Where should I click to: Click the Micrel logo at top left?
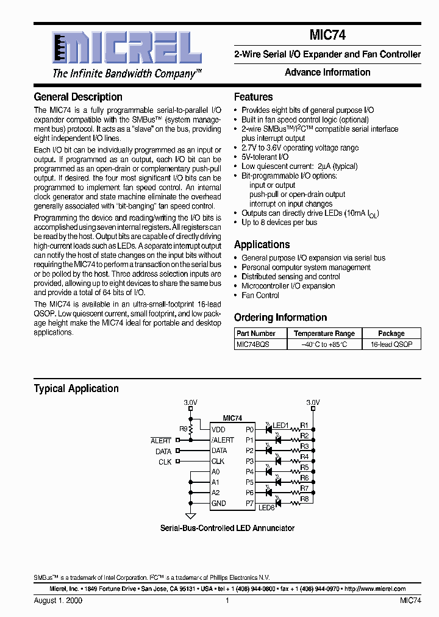point(118,49)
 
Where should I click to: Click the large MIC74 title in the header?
point(327,36)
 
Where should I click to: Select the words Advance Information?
point(327,73)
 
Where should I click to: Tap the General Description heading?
point(78,97)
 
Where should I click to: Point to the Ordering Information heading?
point(280,318)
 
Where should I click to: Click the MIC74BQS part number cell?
point(252,344)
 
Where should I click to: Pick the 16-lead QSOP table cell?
point(391,344)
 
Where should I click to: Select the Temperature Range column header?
point(324,333)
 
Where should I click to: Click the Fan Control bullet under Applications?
point(260,295)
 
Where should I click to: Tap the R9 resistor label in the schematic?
point(183,429)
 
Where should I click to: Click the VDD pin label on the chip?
point(218,429)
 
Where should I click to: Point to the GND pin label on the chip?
point(218,503)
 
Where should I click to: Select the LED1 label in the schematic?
point(280,425)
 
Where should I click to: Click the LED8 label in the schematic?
point(266,507)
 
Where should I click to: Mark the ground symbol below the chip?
point(190,515)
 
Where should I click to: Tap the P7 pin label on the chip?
point(249,503)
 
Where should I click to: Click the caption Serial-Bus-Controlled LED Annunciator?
point(227,528)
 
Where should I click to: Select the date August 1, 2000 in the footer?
point(58,600)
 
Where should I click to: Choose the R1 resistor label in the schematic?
point(305,425)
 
